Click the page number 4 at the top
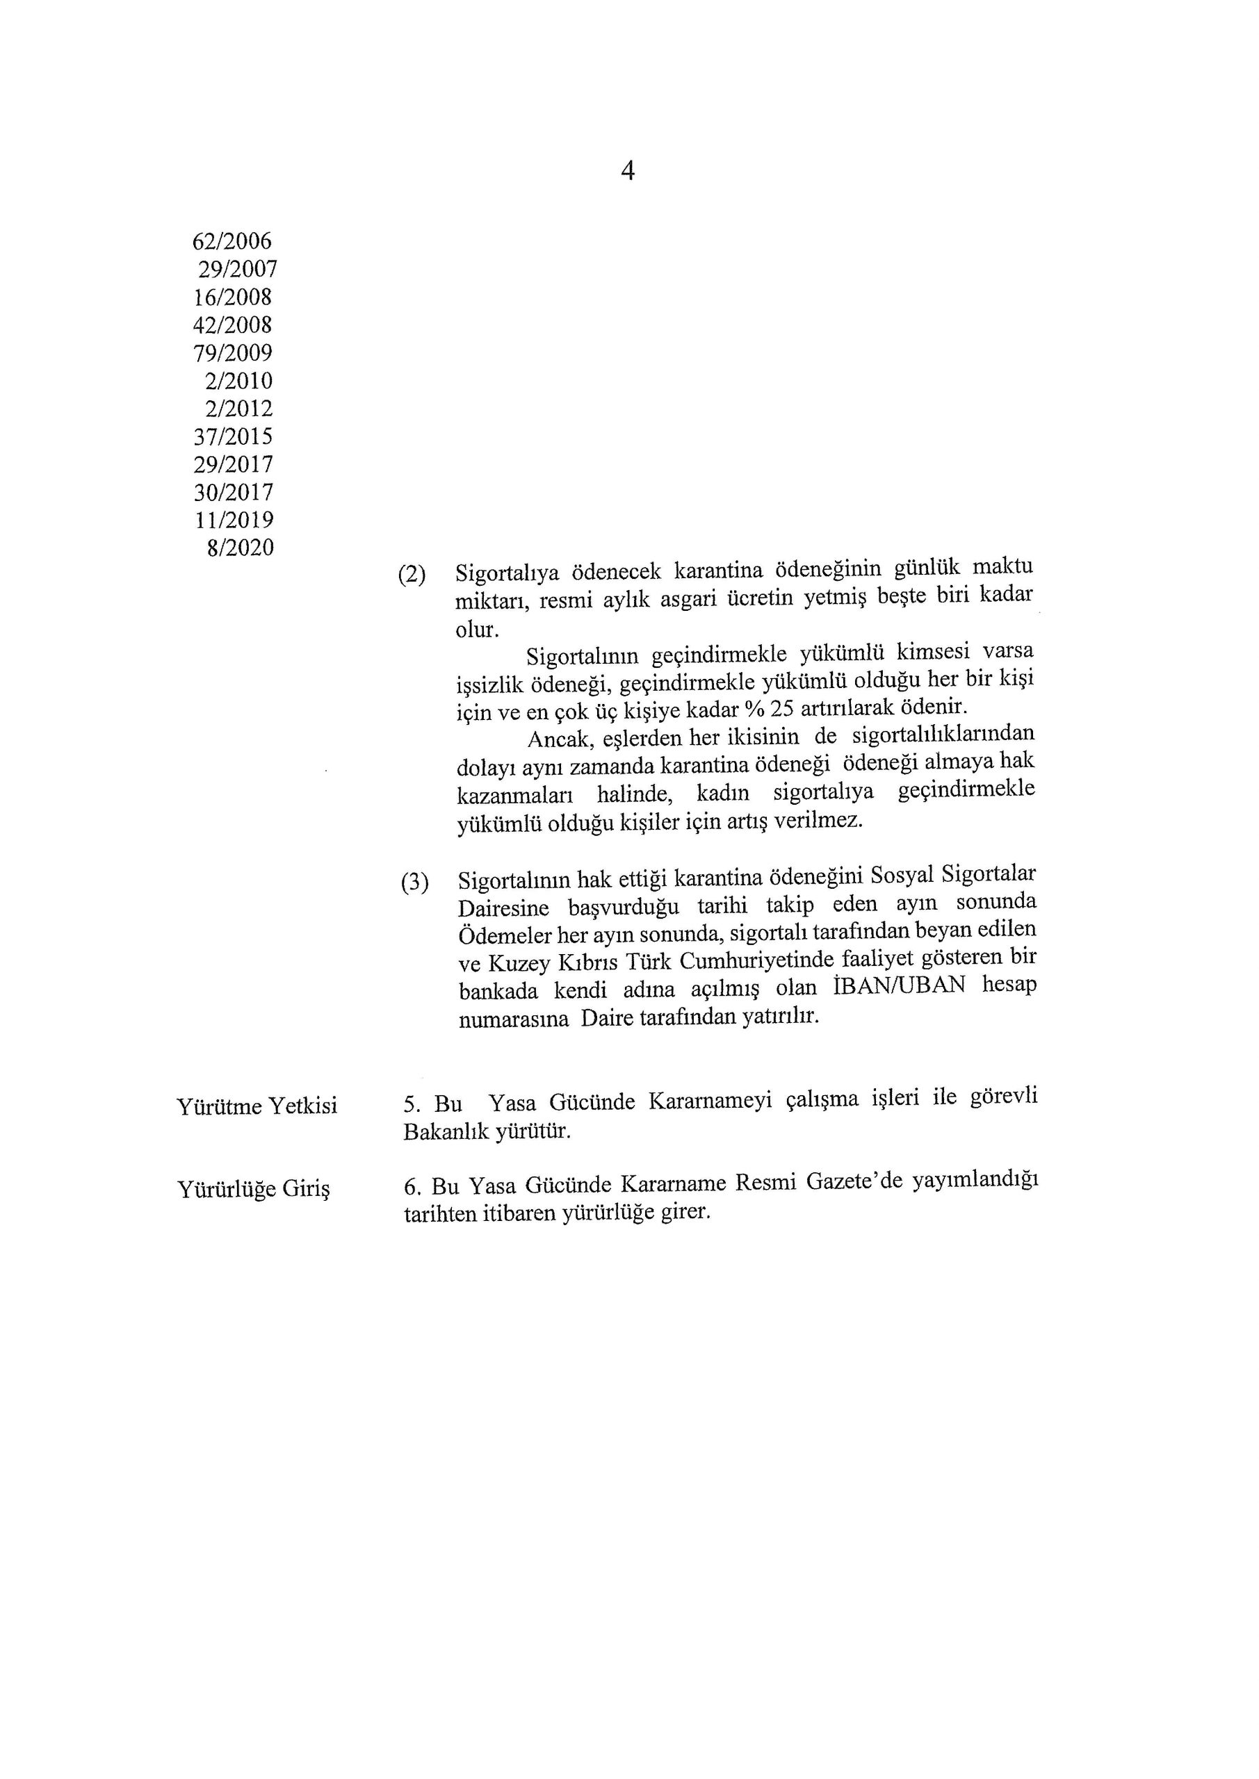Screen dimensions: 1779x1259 (628, 170)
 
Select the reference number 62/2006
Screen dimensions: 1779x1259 (232, 242)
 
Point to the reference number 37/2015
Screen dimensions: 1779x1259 (233, 437)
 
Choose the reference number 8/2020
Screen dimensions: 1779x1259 (240, 548)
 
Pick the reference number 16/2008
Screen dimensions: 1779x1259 (232, 297)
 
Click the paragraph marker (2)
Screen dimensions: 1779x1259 (412, 575)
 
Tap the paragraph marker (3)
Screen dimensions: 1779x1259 (415, 883)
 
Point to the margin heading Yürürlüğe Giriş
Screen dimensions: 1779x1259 (254, 1188)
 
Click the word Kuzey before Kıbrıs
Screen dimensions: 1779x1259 (517, 963)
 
